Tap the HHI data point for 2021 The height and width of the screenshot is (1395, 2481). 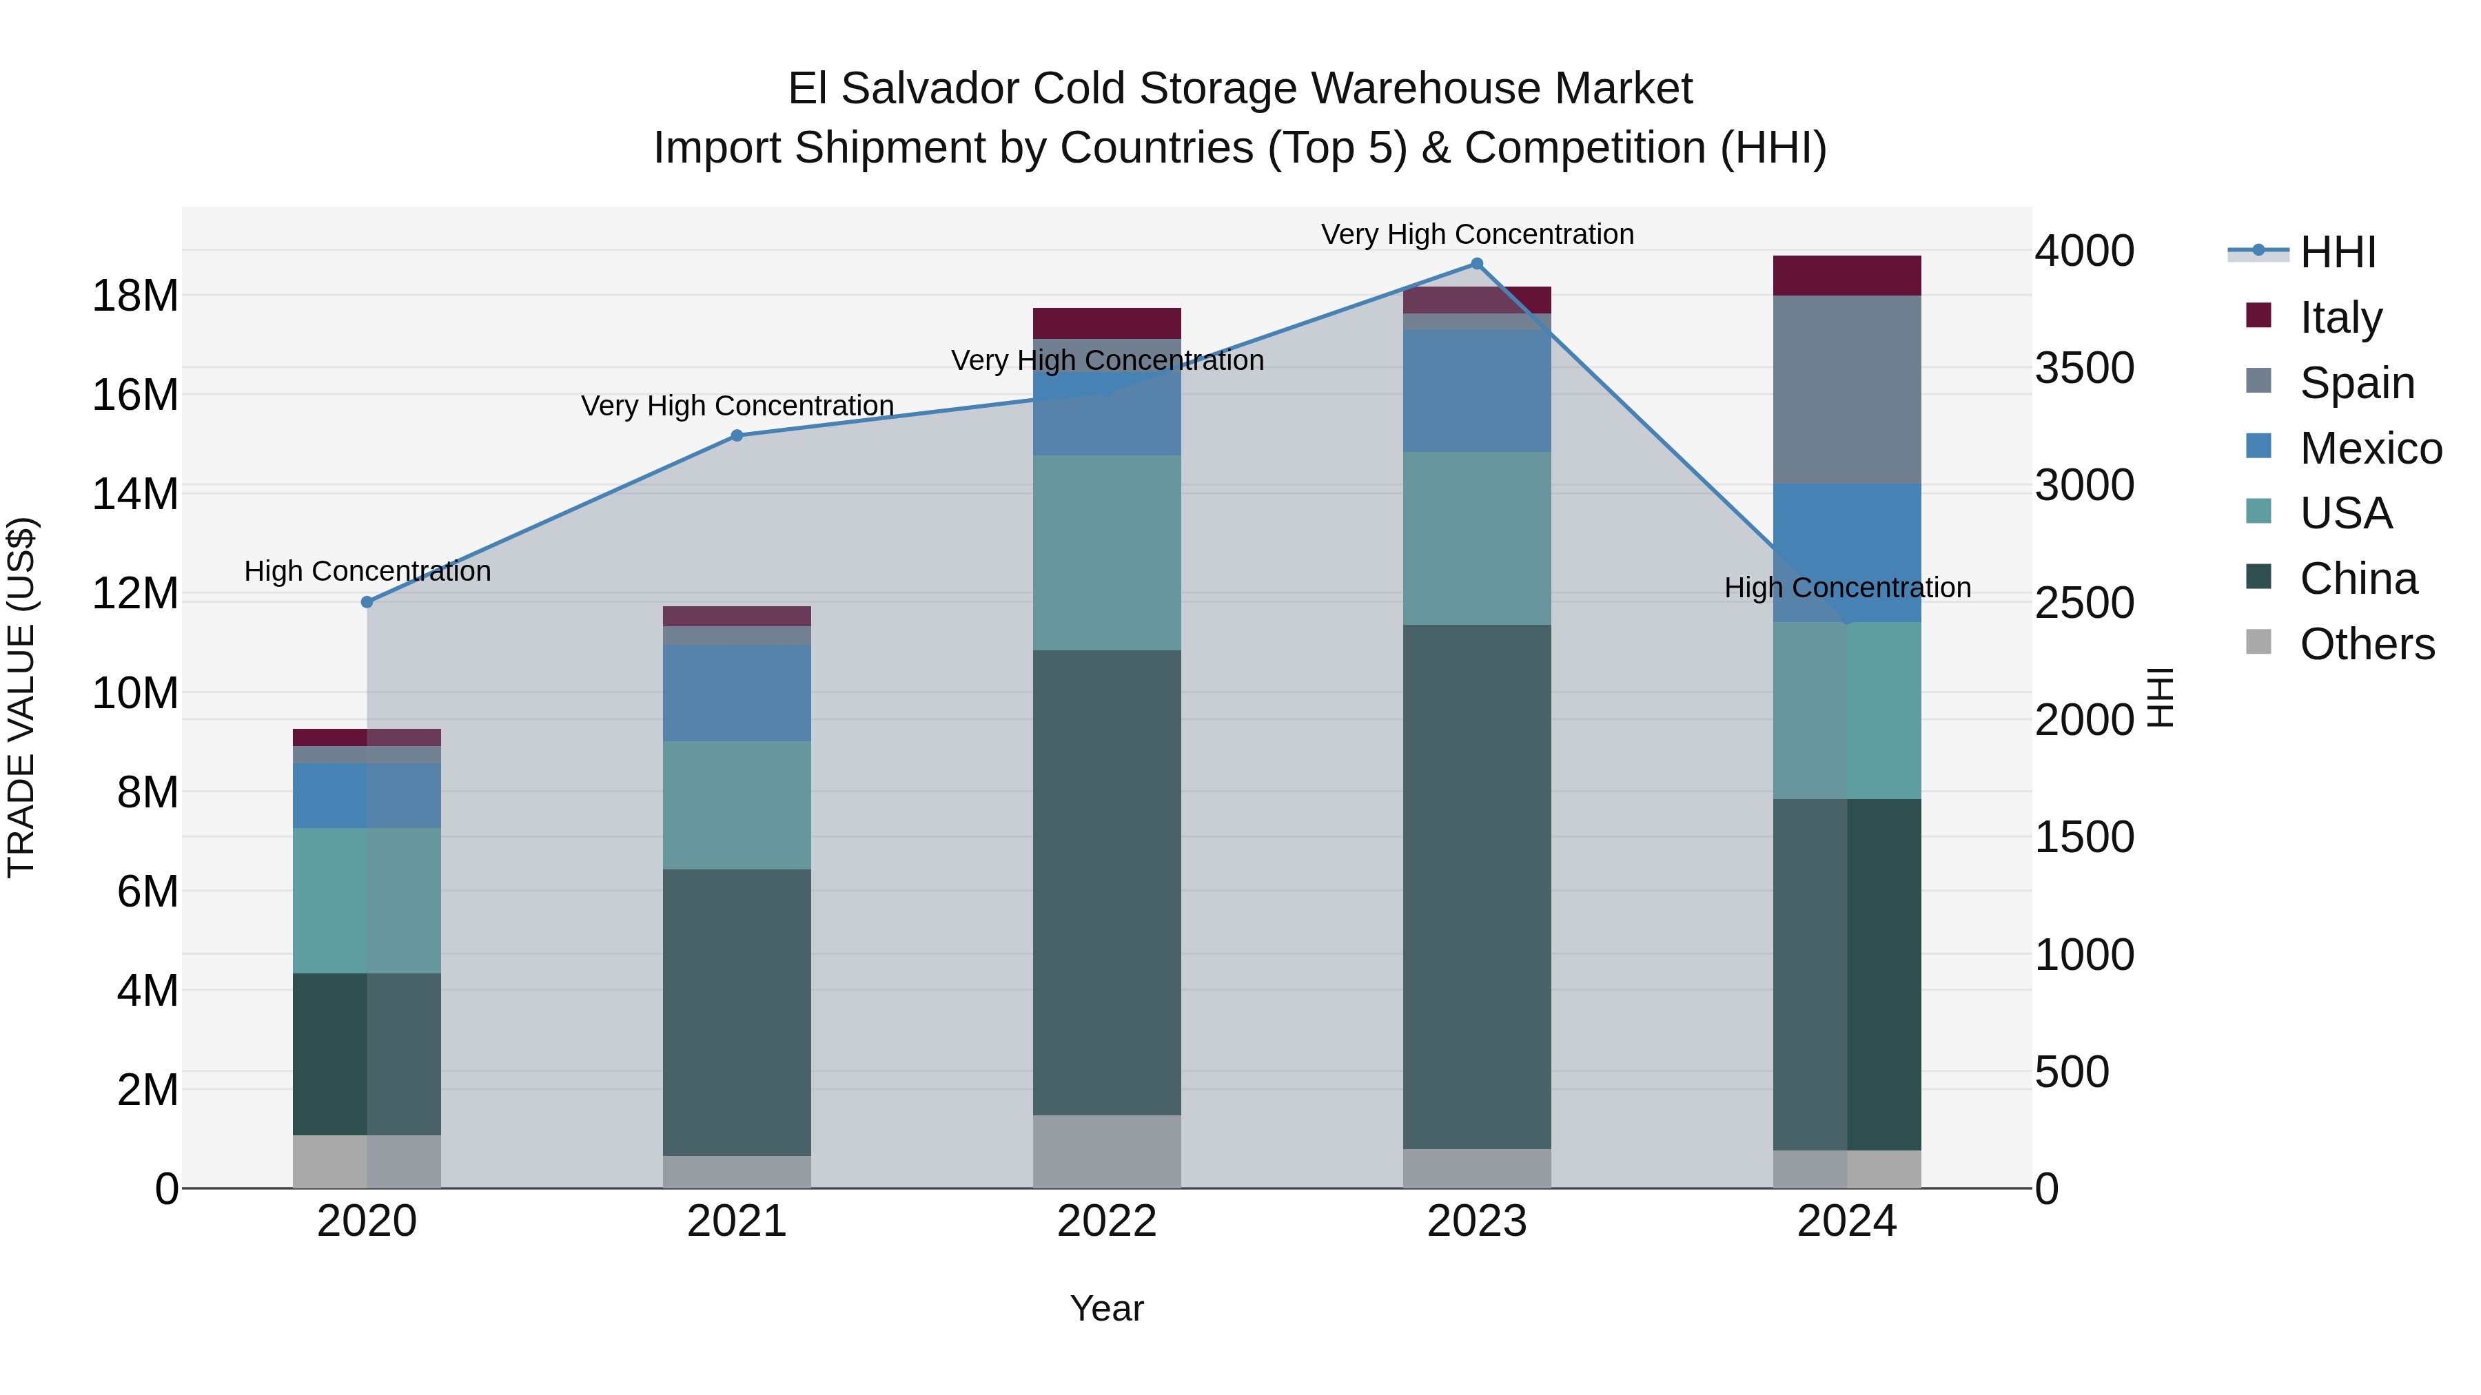coord(737,435)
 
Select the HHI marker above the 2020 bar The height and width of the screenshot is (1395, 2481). coord(367,601)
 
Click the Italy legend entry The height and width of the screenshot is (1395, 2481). coord(2340,317)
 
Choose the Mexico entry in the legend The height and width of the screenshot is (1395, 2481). coord(2369,448)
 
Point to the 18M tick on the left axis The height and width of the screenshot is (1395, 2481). coord(135,296)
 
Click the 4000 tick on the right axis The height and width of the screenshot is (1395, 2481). coord(2084,251)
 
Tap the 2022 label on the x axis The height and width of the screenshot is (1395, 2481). coord(1107,1221)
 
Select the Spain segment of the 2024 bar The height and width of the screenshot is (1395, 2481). coord(1846,389)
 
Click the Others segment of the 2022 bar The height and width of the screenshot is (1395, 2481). coord(1107,1150)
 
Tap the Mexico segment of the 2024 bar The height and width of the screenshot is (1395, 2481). coord(1846,552)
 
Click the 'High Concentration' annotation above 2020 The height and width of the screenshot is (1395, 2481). coord(367,571)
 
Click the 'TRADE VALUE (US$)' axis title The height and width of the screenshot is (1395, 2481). coord(21,697)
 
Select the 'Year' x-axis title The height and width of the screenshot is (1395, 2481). coord(1107,1308)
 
